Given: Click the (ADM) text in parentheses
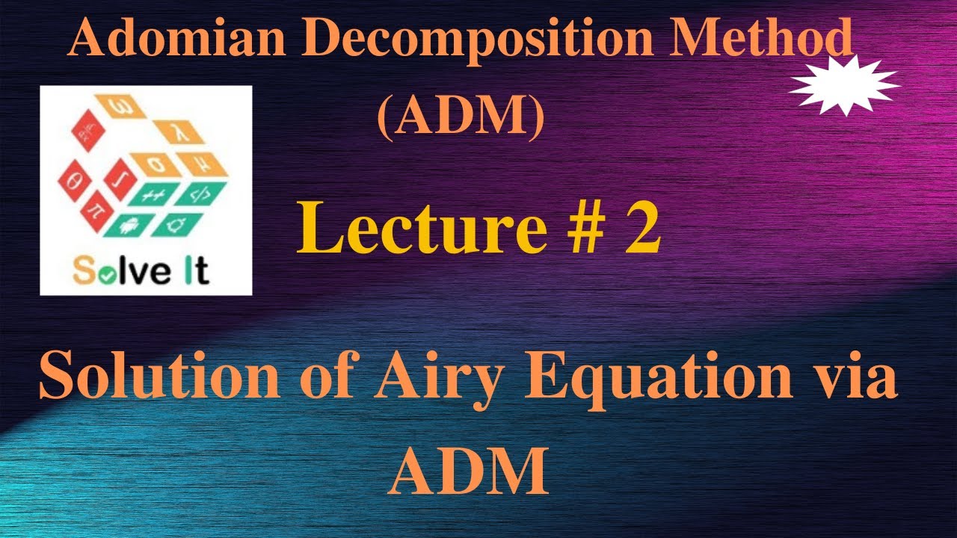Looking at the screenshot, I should (x=460, y=119).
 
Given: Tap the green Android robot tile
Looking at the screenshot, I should (x=134, y=223).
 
